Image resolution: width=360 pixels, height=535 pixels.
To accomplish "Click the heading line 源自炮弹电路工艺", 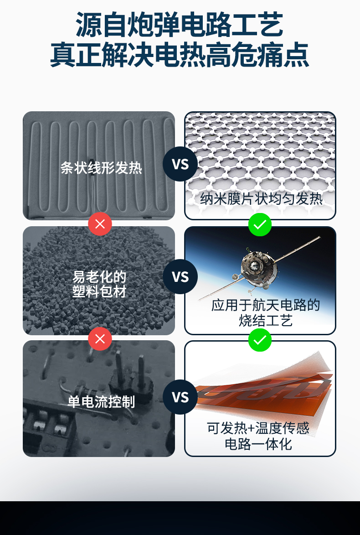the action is [x=180, y=25].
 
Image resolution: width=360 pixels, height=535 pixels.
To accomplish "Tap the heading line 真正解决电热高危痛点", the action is [x=180, y=55].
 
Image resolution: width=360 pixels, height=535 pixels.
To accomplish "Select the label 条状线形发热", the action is [x=101, y=168].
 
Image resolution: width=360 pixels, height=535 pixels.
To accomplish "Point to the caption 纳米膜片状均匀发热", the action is [x=261, y=199].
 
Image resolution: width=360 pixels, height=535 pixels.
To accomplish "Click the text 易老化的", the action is [x=99, y=276].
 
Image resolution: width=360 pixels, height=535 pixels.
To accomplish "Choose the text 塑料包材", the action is [x=99, y=291].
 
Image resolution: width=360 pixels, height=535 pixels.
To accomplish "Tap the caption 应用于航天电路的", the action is [x=265, y=305].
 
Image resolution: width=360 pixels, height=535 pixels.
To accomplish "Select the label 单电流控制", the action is [x=101, y=401].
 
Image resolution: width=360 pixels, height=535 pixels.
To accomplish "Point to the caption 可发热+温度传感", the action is [x=258, y=428].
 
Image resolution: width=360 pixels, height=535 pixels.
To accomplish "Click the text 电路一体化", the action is [x=258, y=443].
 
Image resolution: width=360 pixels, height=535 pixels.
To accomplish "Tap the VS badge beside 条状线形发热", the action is [x=180, y=164].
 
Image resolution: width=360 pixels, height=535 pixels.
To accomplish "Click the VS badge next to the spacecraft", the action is [x=180, y=276].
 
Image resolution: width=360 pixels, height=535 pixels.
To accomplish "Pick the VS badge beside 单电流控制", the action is [x=180, y=397].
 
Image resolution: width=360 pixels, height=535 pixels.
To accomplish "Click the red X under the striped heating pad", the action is [x=100, y=224].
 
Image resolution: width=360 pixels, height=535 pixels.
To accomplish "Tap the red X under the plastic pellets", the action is [x=100, y=339].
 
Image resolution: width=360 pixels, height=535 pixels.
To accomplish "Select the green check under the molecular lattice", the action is [x=260, y=224].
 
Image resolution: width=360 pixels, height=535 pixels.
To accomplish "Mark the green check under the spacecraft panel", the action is [x=260, y=340].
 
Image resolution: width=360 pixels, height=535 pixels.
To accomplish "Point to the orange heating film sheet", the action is [x=264, y=392].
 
